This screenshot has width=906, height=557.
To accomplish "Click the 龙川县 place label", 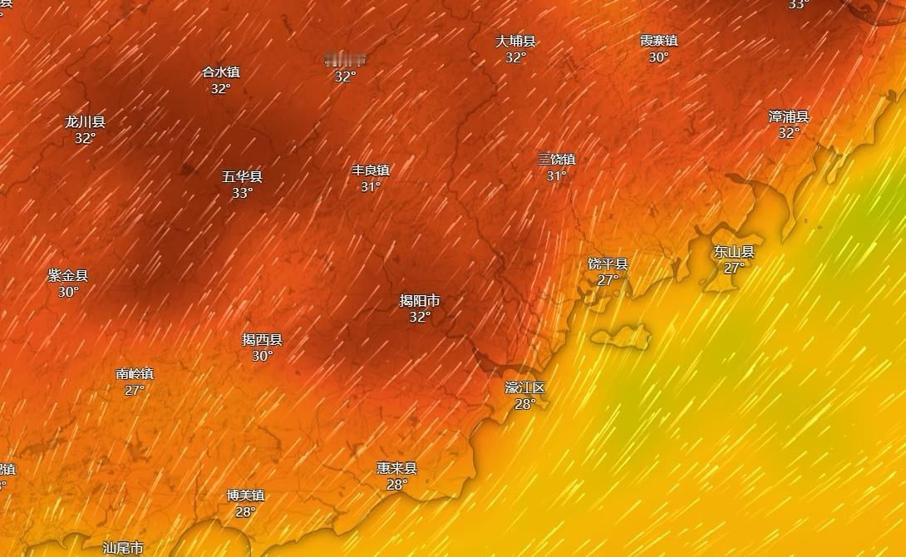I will (85, 121).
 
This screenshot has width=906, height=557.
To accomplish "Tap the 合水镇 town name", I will (220, 72).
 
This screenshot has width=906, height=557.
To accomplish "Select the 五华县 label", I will (242, 176).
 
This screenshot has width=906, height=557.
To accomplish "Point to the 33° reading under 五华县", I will (242, 193).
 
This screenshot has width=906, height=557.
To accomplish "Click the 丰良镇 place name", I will (371, 170).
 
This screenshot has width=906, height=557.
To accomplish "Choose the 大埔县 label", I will (515, 41).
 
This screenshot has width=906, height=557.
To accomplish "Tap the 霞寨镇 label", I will (658, 40).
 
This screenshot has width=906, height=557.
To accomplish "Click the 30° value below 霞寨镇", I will (658, 57).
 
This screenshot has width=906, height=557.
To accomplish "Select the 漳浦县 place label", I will (789, 116).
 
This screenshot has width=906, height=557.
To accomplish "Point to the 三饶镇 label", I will (556, 159).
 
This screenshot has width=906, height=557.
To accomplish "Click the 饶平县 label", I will (608, 264).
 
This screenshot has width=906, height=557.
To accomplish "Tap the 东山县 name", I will (733, 251).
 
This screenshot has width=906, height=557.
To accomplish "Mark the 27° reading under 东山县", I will (733, 268).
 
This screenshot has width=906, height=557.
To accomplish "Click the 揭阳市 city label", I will (420, 300).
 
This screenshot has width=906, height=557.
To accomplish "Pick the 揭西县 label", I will (262, 339).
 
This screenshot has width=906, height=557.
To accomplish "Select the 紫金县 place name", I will (67, 275).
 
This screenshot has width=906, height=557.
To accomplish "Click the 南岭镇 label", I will (135, 373).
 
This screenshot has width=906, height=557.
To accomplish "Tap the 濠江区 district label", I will (524, 387).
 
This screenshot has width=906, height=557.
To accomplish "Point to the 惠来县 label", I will (396, 468).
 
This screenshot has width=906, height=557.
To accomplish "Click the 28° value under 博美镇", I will (245, 511).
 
